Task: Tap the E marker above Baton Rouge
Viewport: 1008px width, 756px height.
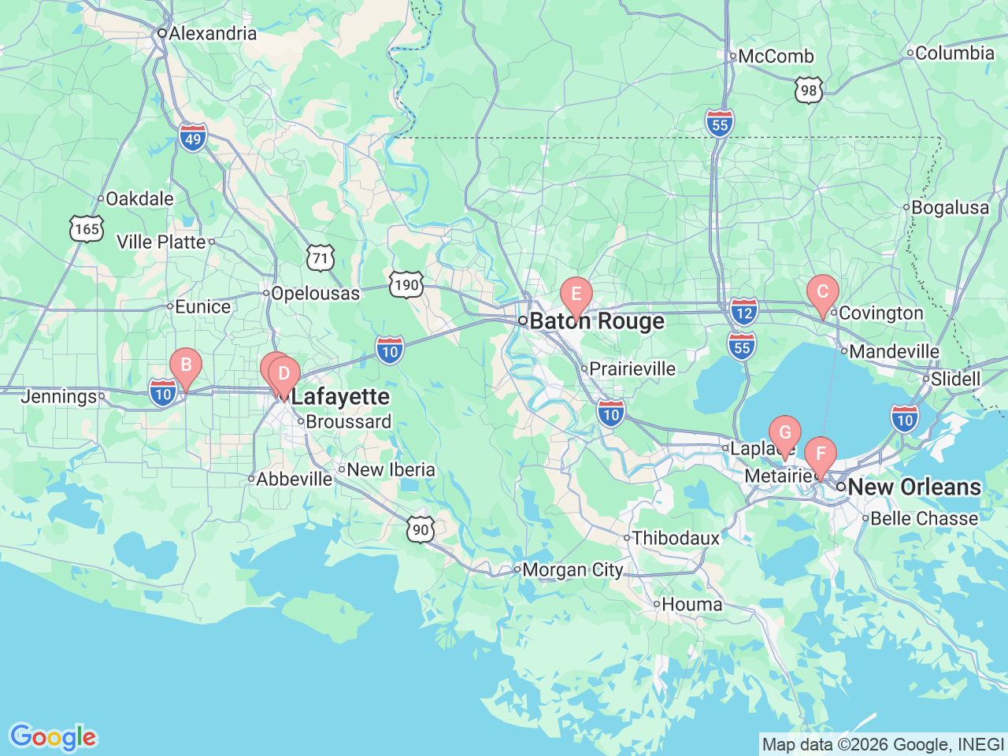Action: click(x=576, y=295)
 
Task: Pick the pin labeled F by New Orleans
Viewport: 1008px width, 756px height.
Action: click(x=821, y=455)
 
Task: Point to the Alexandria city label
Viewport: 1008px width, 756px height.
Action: click(x=212, y=33)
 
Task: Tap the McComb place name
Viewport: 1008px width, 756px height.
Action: click(x=776, y=57)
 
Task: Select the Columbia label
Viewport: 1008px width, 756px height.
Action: click(x=954, y=54)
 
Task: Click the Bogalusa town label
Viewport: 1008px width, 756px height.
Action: click(x=950, y=208)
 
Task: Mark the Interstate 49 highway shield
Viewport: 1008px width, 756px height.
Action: click(x=193, y=137)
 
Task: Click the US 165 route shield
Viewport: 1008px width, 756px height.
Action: click(x=87, y=229)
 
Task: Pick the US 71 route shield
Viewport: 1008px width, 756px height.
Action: click(x=320, y=258)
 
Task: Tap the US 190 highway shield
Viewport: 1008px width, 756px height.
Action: click(x=406, y=284)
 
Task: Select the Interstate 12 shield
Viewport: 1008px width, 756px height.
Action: click(x=743, y=312)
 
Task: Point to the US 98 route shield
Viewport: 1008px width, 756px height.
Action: click(x=809, y=91)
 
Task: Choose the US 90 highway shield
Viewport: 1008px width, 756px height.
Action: click(x=421, y=529)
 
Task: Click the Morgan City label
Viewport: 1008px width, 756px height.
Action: click(x=573, y=569)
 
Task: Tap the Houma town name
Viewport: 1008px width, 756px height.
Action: click(x=691, y=605)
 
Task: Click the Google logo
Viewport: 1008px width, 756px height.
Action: click(x=53, y=738)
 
